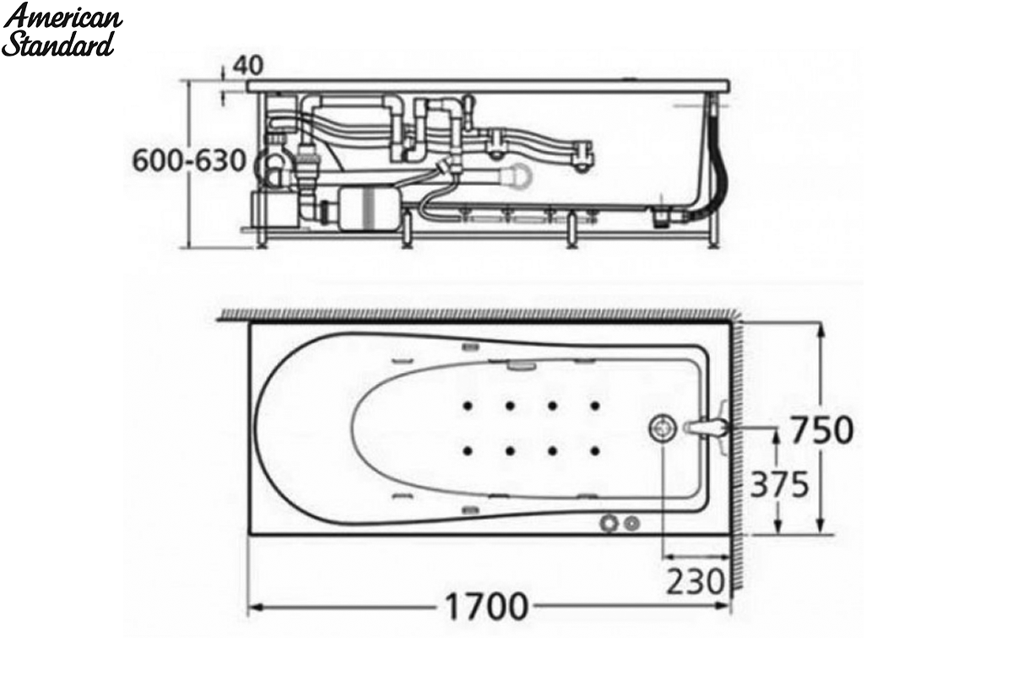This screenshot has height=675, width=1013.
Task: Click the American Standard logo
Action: (x=62, y=30)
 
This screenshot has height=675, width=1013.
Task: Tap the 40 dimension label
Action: (x=248, y=66)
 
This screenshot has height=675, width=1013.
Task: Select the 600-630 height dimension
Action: (x=189, y=160)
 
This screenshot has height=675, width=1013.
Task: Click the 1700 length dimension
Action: (x=487, y=607)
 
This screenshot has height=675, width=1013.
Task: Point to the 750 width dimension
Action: (x=822, y=430)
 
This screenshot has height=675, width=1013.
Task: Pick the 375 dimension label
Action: (x=779, y=484)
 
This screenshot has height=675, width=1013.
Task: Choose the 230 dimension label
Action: (x=696, y=581)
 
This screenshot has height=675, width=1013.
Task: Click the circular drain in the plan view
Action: (x=663, y=427)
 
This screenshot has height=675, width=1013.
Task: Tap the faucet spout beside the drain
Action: (x=707, y=428)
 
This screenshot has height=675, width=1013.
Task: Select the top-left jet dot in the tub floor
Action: (x=468, y=406)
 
